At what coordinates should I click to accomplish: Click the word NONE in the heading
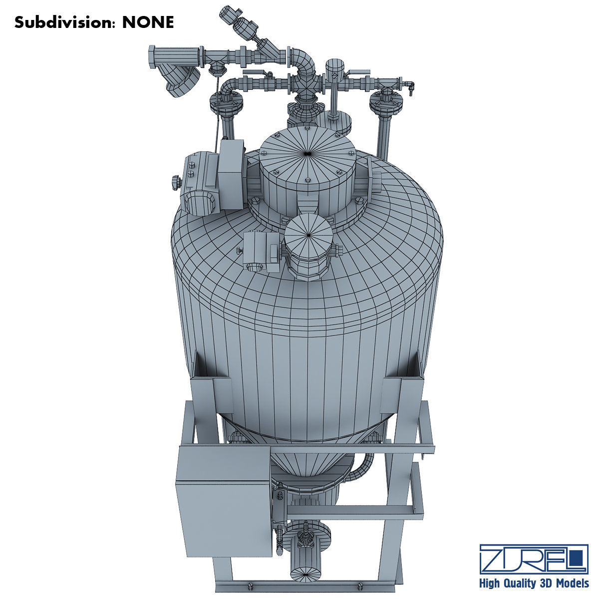(x=148, y=22)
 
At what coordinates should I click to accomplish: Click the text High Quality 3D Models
(x=534, y=584)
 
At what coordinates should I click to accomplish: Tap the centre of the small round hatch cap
(x=308, y=233)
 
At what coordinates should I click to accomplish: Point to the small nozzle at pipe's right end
(x=410, y=86)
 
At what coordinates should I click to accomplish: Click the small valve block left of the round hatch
(x=260, y=250)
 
